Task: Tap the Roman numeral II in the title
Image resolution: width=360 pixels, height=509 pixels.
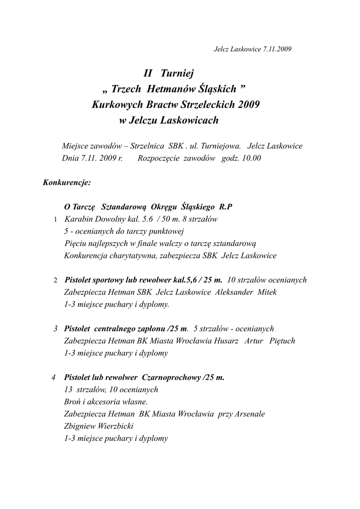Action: point(147,74)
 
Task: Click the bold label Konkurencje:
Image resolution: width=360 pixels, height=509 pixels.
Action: point(67,182)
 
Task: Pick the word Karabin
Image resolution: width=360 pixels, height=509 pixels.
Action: point(78,219)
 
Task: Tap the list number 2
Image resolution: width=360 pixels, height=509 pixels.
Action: point(55,280)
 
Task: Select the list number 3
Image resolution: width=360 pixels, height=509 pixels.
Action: point(55,329)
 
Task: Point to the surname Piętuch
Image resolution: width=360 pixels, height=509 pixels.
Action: point(282,341)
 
